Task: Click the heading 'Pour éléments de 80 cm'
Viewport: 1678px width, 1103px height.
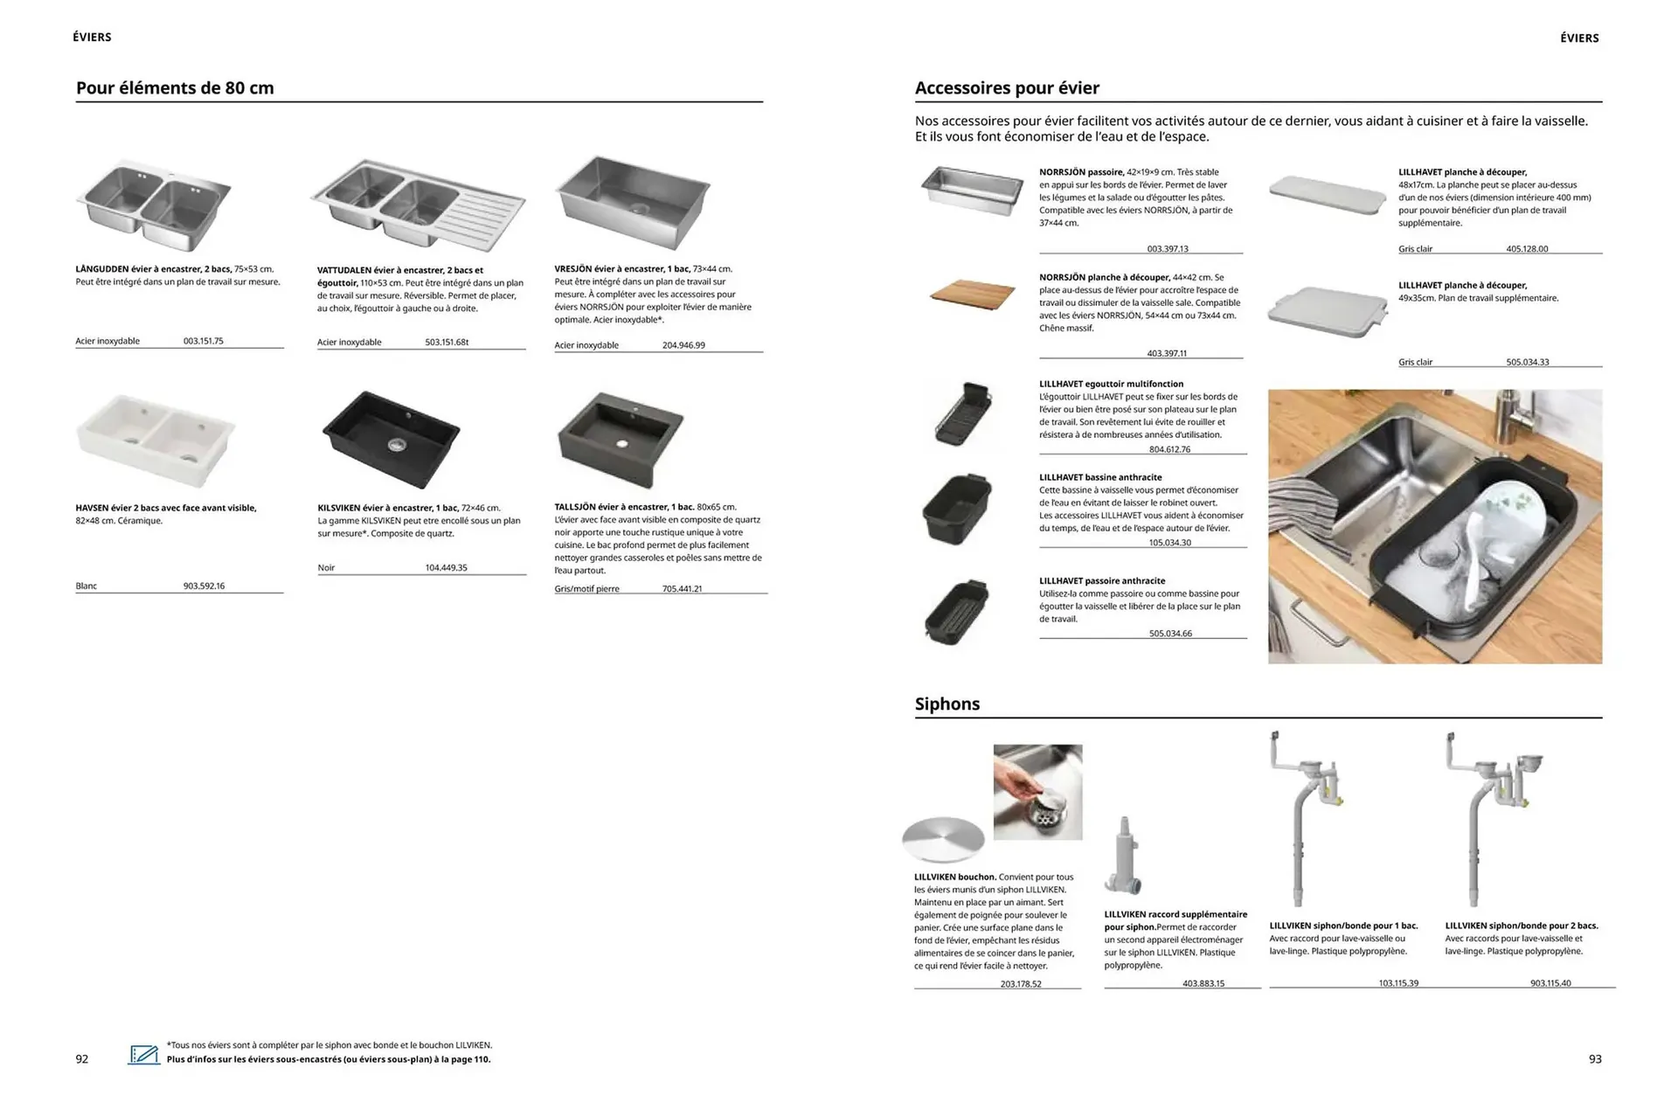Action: click(175, 88)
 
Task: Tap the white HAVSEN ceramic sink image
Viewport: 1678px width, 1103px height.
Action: click(156, 440)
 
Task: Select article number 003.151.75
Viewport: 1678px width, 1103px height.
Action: click(203, 341)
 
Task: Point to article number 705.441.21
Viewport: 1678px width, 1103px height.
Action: click(682, 589)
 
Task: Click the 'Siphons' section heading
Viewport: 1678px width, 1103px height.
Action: click(946, 704)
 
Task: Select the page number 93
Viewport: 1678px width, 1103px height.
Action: click(1594, 1059)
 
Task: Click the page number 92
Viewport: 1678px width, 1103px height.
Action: click(82, 1059)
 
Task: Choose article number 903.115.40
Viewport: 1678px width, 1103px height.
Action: click(1550, 983)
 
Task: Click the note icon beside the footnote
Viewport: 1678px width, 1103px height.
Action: click(144, 1054)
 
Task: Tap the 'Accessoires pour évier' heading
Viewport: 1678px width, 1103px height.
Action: click(1007, 88)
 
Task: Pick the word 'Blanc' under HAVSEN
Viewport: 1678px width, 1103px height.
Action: click(87, 586)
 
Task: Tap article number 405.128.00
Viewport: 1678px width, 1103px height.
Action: click(1526, 249)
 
